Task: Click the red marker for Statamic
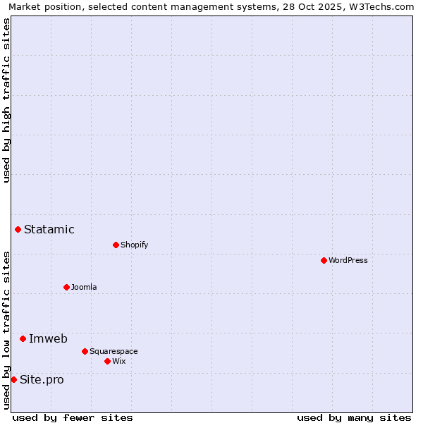point(18,229)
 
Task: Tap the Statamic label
point(49,229)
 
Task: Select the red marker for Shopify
point(116,245)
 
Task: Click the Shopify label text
point(134,245)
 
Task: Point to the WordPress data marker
point(324,260)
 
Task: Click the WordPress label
point(348,260)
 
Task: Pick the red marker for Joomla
point(66,287)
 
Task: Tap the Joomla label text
point(84,287)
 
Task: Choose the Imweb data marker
point(23,338)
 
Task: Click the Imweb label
point(48,338)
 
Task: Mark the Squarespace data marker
point(85,351)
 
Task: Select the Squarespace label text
point(114,351)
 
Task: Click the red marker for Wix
point(107,361)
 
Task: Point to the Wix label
point(118,361)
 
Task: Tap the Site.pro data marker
point(13,379)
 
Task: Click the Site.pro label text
point(42,379)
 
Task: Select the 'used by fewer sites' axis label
point(73,417)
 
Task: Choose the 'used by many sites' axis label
point(354,417)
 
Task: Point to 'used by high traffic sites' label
point(6,100)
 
